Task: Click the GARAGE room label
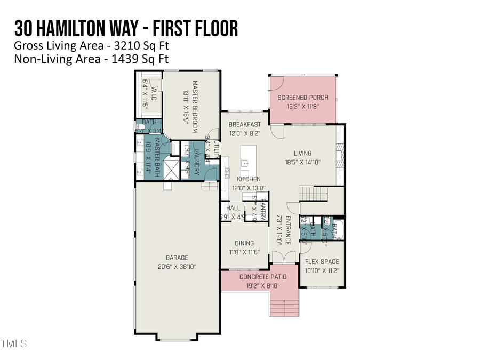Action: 177,258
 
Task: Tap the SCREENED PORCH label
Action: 302,98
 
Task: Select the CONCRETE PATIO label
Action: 262,277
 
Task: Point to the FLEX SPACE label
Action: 322,262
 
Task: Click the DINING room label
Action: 244,244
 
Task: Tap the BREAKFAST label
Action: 245,125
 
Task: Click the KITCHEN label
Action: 245,179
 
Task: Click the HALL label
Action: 233,208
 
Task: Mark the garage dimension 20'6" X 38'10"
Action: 177,266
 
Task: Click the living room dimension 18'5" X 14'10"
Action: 302,162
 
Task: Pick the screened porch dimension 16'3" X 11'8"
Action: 302,106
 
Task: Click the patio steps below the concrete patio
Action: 284,308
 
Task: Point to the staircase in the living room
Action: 309,191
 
